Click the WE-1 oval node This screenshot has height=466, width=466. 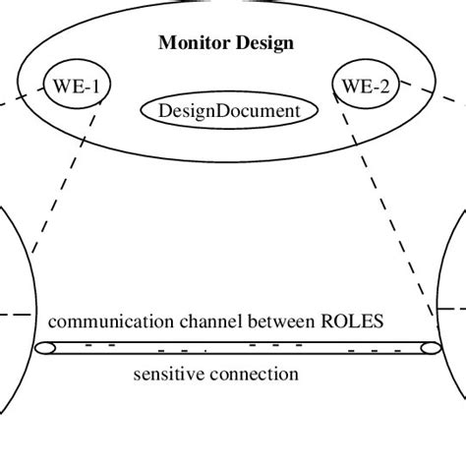pyautogui.click(x=76, y=86)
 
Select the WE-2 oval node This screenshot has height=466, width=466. pyautogui.click(x=366, y=86)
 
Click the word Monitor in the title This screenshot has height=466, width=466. pyautogui.click(x=192, y=43)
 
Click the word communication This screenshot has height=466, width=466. pyautogui.click(x=102, y=321)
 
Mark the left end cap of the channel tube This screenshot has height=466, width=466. pyautogui.click(x=46, y=348)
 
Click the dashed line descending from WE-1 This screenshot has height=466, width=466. pyautogui.click(x=64, y=177)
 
